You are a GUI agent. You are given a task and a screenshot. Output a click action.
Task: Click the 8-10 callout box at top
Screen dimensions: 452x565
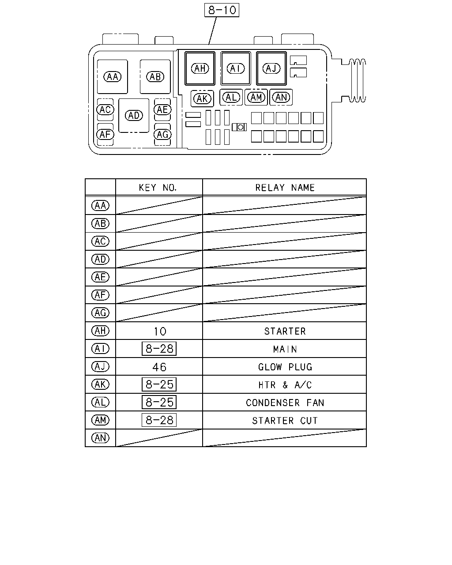point(222,10)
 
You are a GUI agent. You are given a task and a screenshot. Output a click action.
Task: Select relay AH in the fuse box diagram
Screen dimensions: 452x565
point(200,68)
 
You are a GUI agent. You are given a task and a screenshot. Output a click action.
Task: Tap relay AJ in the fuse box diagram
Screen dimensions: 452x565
point(271,68)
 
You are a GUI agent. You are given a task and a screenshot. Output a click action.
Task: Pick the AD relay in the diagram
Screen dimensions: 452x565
point(134,116)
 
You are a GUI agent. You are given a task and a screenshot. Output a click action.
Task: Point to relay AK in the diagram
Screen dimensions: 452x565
point(202,99)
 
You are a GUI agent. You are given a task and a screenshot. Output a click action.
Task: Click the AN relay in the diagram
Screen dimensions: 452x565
point(281,98)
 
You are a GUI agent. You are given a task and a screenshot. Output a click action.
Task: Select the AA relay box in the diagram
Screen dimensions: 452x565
point(113,77)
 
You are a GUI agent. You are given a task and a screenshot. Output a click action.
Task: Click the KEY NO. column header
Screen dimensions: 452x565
point(158,188)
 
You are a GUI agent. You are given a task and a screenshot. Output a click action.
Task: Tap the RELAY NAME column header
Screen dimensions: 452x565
point(285,188)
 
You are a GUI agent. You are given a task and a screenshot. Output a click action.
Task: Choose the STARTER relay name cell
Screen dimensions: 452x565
point(285,331)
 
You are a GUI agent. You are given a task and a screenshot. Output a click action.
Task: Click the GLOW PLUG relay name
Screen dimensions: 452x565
point(285,367)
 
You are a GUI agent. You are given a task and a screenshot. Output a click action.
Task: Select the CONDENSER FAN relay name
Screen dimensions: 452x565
point(285,403)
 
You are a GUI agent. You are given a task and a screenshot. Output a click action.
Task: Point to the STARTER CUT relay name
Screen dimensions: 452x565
point(285,421)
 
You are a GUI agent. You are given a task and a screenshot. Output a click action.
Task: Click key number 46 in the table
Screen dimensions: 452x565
point(159,367)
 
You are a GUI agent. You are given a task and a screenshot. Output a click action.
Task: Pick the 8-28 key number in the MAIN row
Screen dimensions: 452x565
point(159,349)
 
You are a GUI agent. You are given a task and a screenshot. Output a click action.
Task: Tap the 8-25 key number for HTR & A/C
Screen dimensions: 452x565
point(159,384)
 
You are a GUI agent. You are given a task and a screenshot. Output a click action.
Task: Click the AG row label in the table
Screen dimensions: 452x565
point(100,313)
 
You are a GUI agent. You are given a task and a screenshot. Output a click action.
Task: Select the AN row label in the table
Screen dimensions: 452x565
point(100,438)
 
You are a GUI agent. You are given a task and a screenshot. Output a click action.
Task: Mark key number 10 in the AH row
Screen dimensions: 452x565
point(160,331)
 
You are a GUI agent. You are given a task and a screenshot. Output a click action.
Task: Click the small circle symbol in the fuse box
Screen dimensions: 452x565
point(240,127)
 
